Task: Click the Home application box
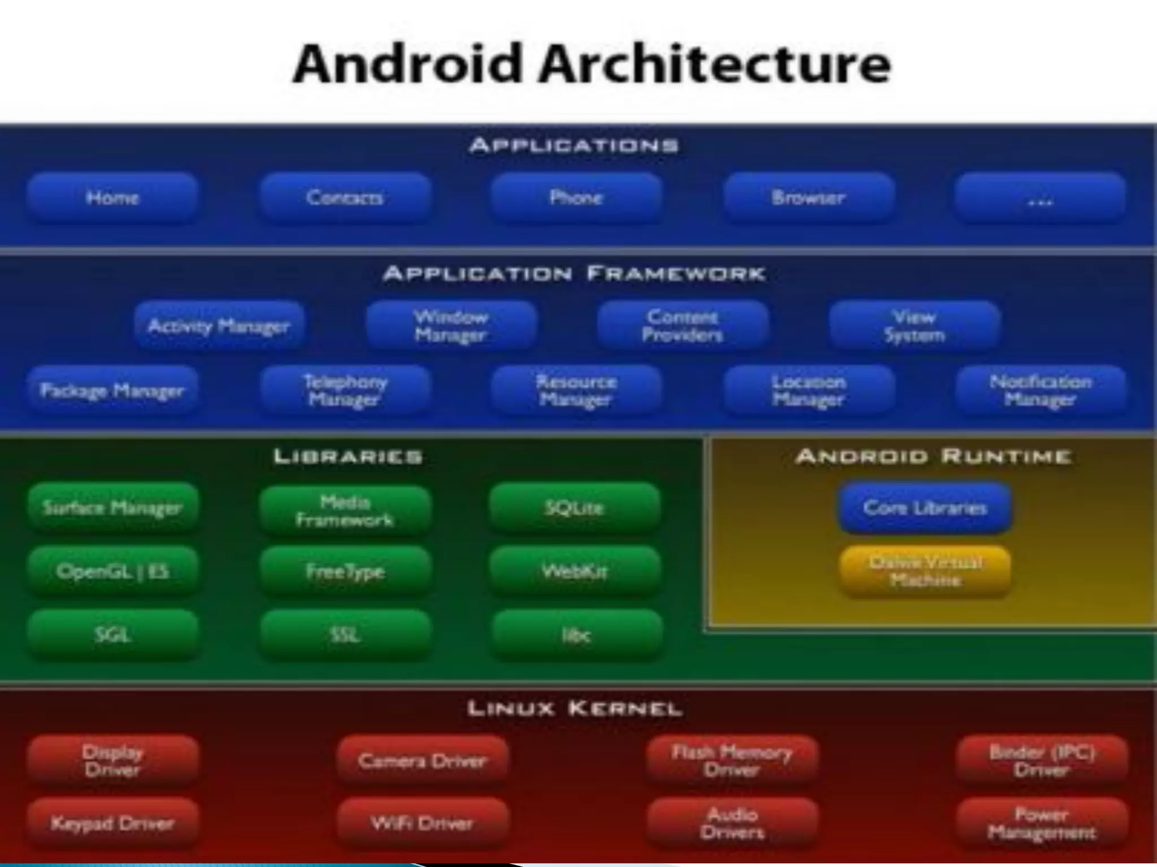[x=112, y=198]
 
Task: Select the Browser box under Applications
[x=808, y=198]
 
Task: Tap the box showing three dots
[x=1040, y=198]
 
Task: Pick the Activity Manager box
[x=219, y=326]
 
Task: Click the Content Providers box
[x=682, y=326]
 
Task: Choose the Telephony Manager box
[x=345, y=390]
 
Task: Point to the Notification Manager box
[x=1041, y=390]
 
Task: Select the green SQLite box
[x=575, y=507]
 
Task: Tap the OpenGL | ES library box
[x=112, y=571]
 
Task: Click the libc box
[x=576, y=635]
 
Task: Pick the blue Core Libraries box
[x=925, y=507]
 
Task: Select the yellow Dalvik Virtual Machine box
[x=925, y=571]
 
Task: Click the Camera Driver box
[x=422, y=760]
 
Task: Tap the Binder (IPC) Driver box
[x=1042, y=760]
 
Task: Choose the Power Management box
[x=1042, y=824]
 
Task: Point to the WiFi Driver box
[x=422, y=824]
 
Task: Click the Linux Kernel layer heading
[x=575, y=708]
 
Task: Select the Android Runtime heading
[x=933, y=456]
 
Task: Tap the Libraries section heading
[x=348, y=456]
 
